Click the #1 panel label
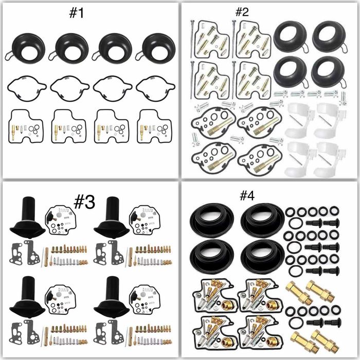pos(77,13)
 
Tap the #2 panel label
pos(242,12)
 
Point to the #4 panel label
pos(247,196)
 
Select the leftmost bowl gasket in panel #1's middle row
pos(27,88)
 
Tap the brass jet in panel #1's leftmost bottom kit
pos(13,133)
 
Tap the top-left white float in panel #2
pos(300,119)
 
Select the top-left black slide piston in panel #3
pos(28,217)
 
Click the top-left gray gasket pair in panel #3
pos(25,253)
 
